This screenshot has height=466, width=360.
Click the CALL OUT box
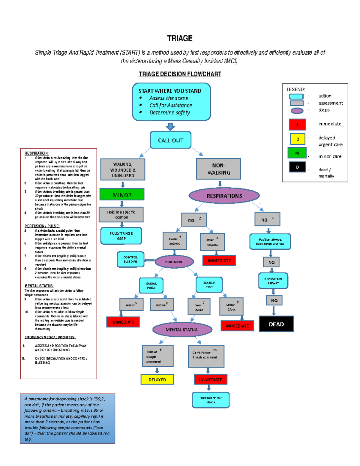[x=170, y=140]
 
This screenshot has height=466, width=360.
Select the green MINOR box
[x=122, y=194]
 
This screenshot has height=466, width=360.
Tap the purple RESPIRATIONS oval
[x=224, y=196]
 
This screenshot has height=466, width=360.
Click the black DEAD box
[x=276, y=324]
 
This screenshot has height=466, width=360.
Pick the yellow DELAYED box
[x=157, y=380]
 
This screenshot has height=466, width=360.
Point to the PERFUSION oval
[x=174, y=262]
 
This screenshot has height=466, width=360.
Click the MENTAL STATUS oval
[x=182, y=329]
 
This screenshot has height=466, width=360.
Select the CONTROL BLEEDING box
[x=130, y=259]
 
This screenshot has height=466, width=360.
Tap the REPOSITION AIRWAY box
[x=273, y=281]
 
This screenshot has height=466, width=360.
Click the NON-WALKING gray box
[x=218, y=169]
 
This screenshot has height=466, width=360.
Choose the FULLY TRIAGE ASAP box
[x=121, y=236]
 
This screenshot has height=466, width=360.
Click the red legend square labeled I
[x=297, y=124]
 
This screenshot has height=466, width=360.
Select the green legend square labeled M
[x=297, y=153]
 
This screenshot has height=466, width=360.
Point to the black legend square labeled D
[x=297, y=167]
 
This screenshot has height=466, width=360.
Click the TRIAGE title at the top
[x=180, y=38]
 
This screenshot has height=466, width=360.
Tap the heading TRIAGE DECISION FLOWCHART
[x=180, y=74]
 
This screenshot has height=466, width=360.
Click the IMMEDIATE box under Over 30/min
[x=219, y=261]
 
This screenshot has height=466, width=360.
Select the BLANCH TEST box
[x=209, y=285]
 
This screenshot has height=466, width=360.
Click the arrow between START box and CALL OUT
[x=170, y=126]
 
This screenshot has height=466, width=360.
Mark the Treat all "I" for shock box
[x=211, y=400]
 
